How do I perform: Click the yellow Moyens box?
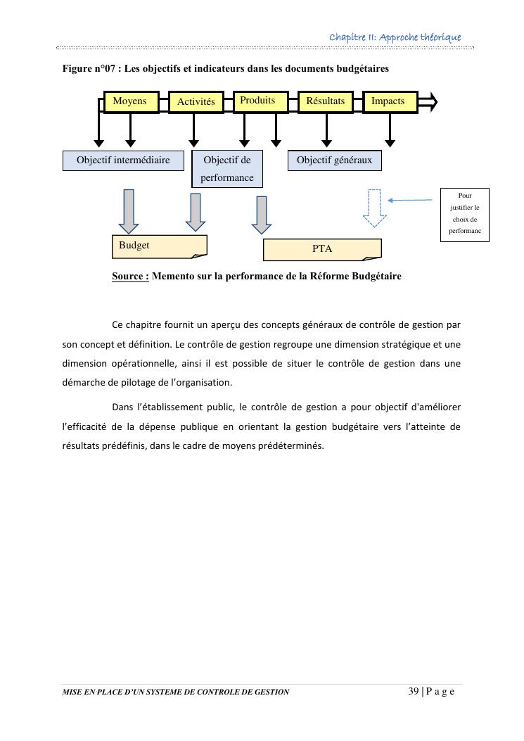coord(131,101)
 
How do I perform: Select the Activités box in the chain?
coord(196,102)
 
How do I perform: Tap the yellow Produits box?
coord(258,101)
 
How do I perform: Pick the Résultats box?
coord(326,101)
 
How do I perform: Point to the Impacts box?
coord(388,101)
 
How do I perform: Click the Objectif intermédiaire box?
coord(123,160)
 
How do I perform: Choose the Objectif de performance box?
coord(227,169)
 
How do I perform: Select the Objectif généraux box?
coord(335,160)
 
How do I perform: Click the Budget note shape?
coord(159,246)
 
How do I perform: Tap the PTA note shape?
coord(322,249)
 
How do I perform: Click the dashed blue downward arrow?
coord(375,208)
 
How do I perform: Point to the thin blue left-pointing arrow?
coord(410,201)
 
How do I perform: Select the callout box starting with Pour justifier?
coord(464,214)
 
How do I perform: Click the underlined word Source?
coord(130,277)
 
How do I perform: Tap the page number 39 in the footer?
coord(414,691)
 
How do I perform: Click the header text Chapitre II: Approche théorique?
coord(395,37)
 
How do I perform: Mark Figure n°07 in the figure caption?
coord(89,69)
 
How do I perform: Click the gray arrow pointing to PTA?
coord(262,215)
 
